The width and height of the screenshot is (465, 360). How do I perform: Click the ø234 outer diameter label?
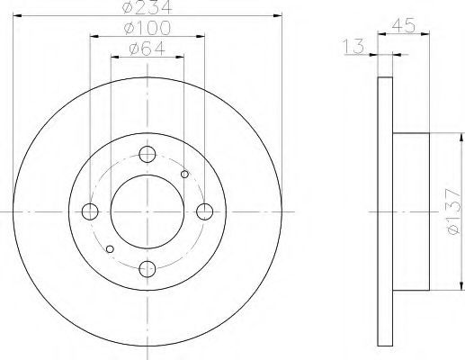point(148,6)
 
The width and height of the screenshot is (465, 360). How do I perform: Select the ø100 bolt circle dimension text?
point(148,28)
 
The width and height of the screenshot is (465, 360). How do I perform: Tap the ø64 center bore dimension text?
point(148,49)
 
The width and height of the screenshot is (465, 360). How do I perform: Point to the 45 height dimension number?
point(404,25)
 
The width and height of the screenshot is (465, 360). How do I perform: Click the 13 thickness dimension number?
point(353,46)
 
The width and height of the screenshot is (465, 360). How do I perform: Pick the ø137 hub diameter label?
point(453,211)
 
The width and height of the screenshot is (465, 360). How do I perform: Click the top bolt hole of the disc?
point(148,154)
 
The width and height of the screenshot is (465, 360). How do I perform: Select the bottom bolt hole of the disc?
point(148,269)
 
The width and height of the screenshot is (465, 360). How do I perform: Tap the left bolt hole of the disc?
point(90,211)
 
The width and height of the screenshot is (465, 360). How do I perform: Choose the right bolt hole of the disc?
point(205,211)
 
